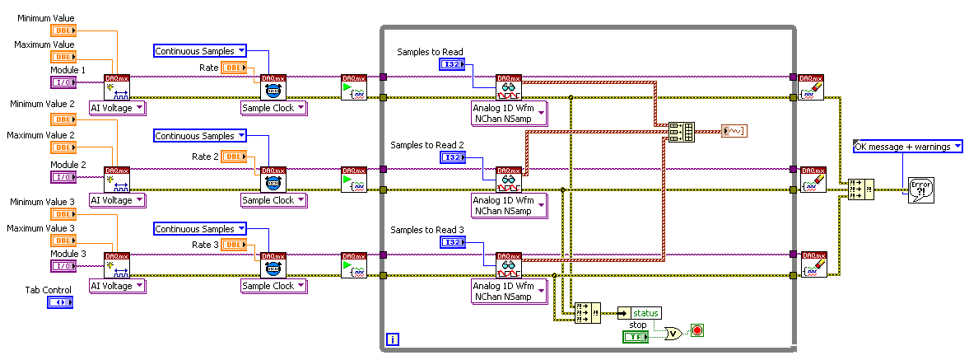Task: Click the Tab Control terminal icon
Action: [60, 303]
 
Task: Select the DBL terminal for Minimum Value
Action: [63, 31]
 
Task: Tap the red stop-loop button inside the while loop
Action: [698, 331]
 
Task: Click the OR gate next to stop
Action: [673, 333]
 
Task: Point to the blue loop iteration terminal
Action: [393, 339]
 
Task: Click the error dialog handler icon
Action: [920, 190]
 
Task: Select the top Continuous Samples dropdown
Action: [200, 51]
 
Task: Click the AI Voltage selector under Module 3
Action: [117, 286]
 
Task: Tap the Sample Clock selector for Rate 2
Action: [273, 200]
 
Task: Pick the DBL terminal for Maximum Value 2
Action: [63, 147]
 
